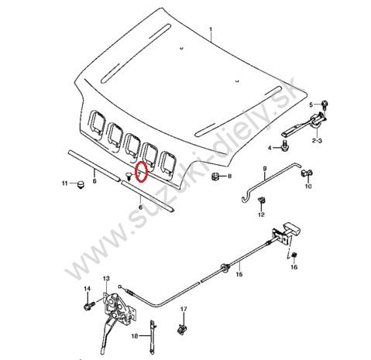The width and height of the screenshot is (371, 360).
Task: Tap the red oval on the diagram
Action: coord(141,172)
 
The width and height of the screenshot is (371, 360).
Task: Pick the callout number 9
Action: coord(264,169)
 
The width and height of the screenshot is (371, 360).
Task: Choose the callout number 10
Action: coord(307,187)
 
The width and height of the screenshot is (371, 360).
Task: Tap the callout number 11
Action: coord(65,183)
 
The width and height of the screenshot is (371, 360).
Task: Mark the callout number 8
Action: coord(229,177)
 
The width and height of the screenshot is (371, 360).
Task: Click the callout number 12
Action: coord(261,214)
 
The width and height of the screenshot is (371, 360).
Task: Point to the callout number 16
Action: coord(294,268)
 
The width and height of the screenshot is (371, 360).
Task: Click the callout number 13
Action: coord(106,279)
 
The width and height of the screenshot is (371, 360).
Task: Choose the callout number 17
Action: coord(184,310)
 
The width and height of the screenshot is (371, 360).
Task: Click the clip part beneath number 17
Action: coord(183,330)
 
